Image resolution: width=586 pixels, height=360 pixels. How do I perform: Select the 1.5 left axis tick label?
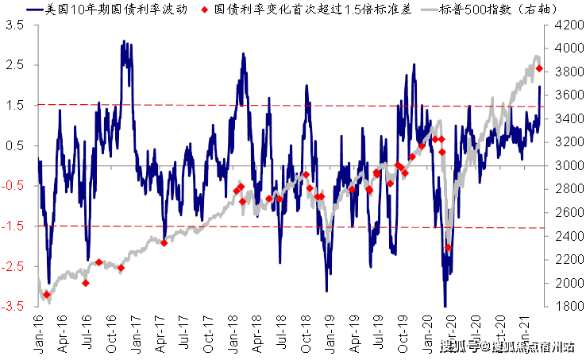[15, 105]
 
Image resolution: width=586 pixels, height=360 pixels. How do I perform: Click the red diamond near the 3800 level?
[539, 68]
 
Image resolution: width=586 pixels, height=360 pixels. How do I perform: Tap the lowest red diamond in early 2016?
[47, 295]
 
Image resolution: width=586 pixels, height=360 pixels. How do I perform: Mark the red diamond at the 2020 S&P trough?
[448, 247]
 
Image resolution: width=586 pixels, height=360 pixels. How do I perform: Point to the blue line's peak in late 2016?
[123, 44]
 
